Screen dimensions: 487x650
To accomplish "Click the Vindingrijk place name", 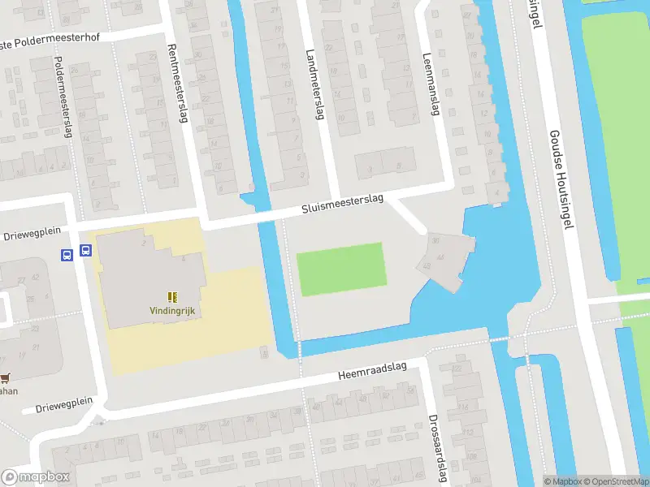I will click(172, 311).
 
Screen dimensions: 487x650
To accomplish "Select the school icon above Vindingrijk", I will click(172, 297).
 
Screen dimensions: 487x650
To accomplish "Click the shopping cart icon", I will click(6, 377).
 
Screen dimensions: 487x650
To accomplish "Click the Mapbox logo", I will click(36, 476).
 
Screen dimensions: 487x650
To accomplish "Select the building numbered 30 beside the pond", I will click(436, 241).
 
